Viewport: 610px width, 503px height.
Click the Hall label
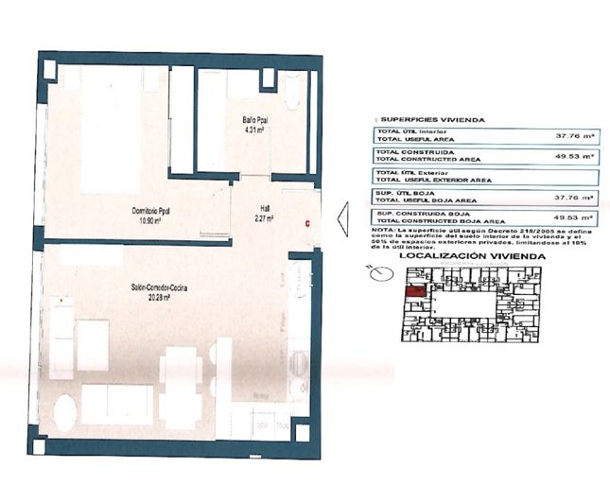(x=265, y=210)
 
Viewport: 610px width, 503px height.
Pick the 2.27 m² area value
(x=265, y=219)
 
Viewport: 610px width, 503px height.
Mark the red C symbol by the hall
(x=306, y=222)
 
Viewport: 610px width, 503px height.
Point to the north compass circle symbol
(x=380, y=275)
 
